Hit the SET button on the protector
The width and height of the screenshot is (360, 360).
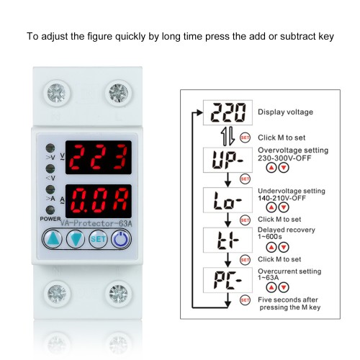[x=98, y=240]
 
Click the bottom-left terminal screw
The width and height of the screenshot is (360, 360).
[x=54, y=294]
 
